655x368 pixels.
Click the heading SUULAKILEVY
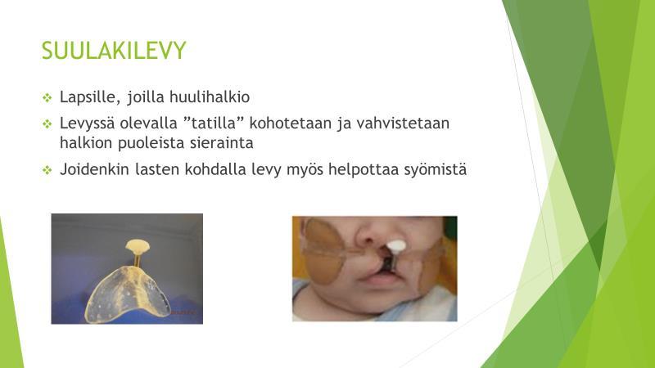pos(114,51)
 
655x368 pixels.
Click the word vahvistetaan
pos(403,123)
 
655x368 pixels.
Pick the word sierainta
pos(221,142)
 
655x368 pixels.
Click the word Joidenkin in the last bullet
pos(94,169)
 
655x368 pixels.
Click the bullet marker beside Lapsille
pos(47,98)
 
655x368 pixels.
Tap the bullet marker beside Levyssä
pos(47,124)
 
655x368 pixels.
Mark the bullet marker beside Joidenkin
pos(47,170)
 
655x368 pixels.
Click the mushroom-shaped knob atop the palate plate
pos(138,246)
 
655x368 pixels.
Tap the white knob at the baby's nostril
pos(395,246)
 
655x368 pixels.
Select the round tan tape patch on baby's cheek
pos(322,251)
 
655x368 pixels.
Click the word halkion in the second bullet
pos(86,142)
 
